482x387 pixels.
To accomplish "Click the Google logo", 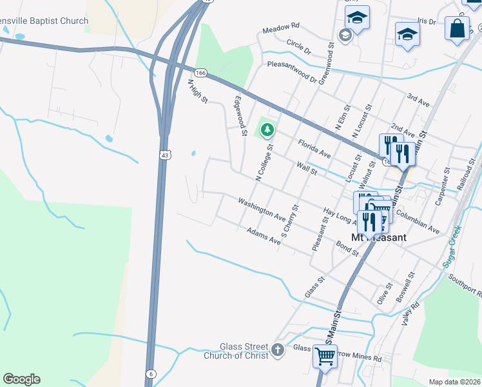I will click(x=21, y=379).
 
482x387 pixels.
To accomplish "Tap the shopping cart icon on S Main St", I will click(x=325, y=356).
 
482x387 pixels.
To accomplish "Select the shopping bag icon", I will click(x=457, y=29).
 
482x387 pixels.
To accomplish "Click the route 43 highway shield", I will click(x=166, y=155).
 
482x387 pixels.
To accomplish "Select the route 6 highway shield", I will click(x=151, y=373).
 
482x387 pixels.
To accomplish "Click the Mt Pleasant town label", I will click(x=379, y=237).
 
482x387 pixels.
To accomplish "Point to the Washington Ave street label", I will click(x=262, y=209).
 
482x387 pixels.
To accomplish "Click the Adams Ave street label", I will click(x=264, y=236).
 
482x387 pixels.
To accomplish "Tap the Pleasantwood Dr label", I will click(x=293, y=64).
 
